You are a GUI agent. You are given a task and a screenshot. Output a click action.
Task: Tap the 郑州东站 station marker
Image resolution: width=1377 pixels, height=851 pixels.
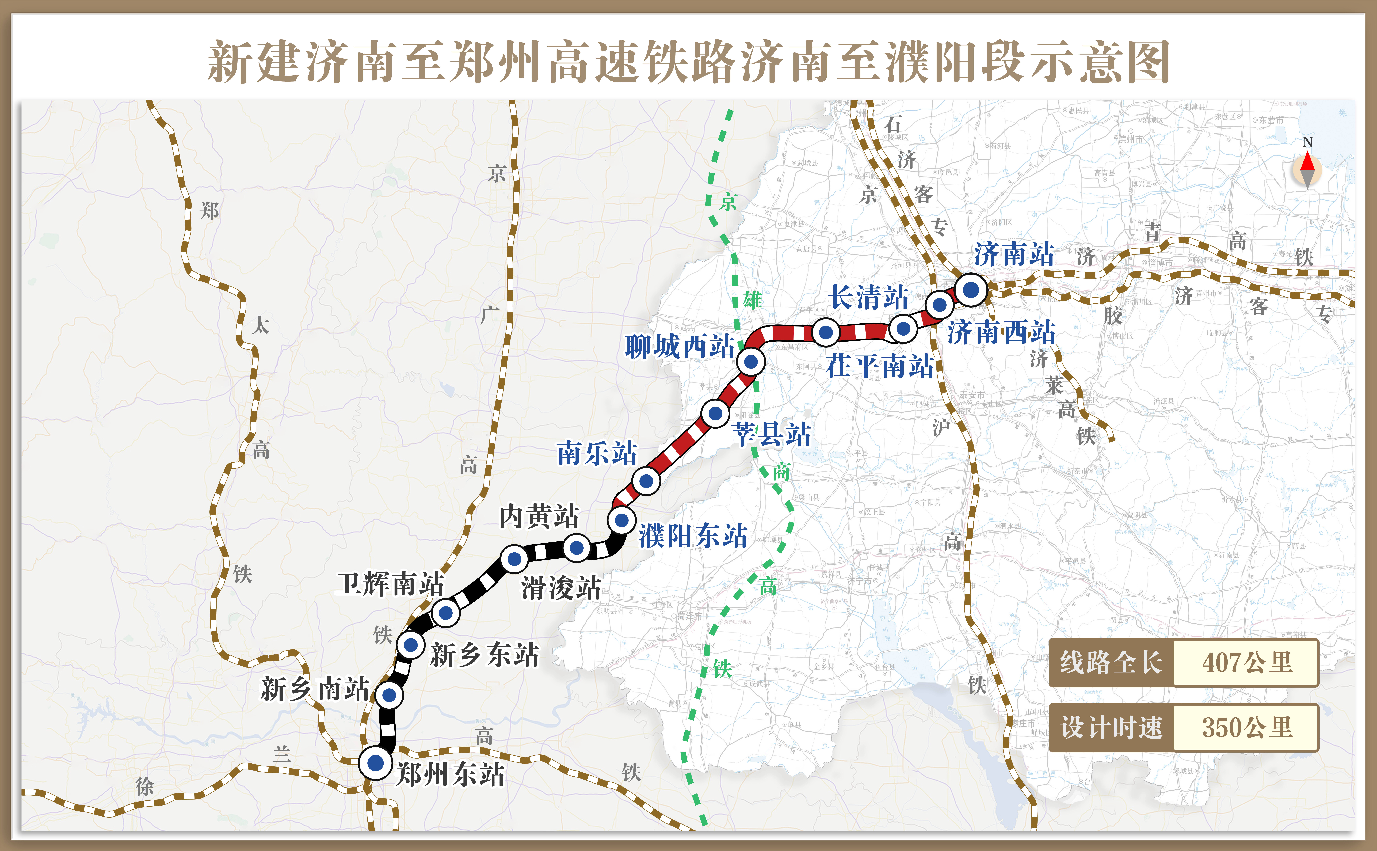coord(375,763)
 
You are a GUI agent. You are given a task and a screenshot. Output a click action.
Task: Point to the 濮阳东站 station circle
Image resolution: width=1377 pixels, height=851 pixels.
coord(621,520)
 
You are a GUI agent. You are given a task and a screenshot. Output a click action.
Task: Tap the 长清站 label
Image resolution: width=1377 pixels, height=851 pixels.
coord(869,297)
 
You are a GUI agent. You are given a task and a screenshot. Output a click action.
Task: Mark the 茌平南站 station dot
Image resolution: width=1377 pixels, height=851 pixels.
coord(826,333)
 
